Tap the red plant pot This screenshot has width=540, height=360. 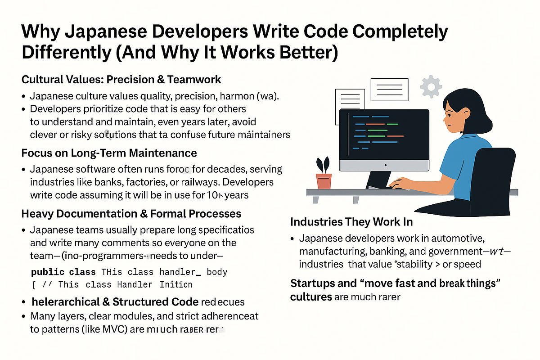tap(324, 180)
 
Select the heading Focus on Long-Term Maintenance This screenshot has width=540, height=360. tap(109, 153)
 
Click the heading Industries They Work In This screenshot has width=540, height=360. tap(351, 222)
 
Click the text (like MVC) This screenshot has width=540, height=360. tap(107, 329)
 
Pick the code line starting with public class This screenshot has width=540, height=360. tap(129, 272)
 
